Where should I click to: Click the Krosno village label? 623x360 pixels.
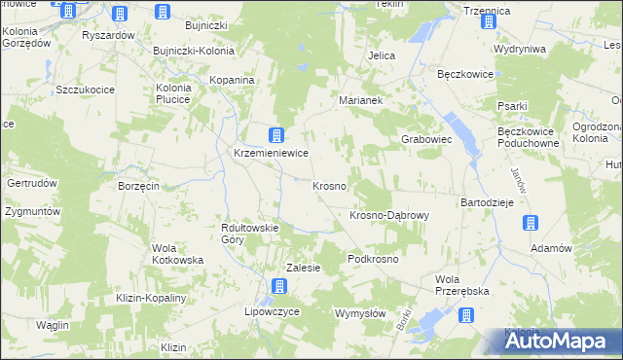click(x=329, y=185)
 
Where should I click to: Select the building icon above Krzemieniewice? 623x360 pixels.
click(x=277, y=135)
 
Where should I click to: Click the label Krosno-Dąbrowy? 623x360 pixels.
click(x=388, y=215)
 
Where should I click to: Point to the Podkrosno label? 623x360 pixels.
click(x=374, y=260)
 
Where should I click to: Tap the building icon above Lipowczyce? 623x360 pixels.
click(x=279, y=285)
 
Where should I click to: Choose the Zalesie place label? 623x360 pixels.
click(x=303, y=268)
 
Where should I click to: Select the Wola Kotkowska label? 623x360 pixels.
click(x=177, y=254)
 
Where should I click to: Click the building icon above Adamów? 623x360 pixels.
click(x=530, y=223)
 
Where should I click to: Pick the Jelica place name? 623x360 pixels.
click(x=382, y=55)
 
